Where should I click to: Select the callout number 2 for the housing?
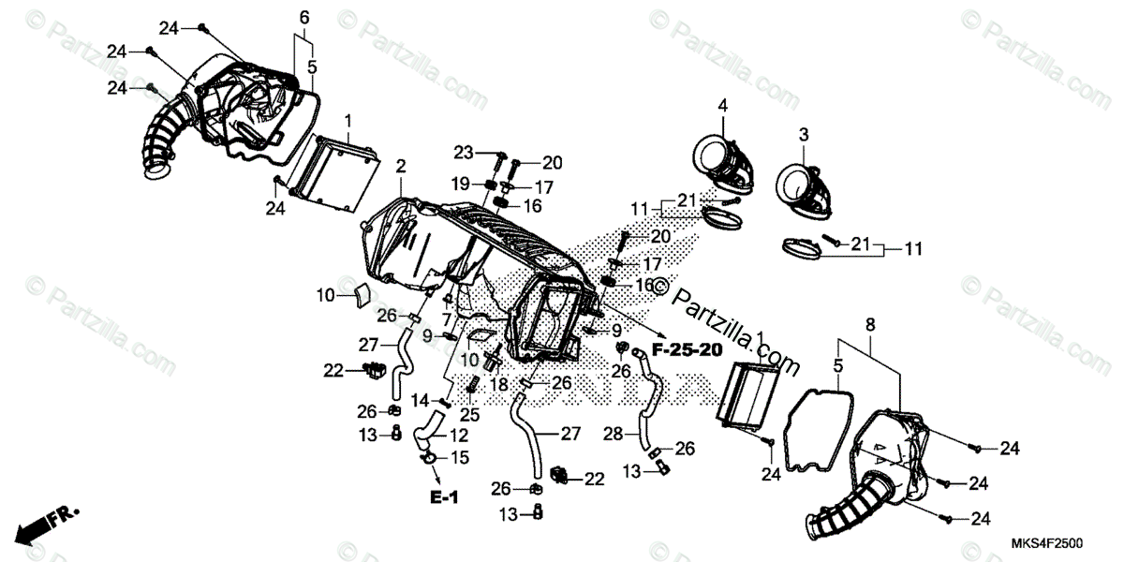pos(401,167)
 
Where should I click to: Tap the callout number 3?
pos(803,136)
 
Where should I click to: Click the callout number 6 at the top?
pos(303,18)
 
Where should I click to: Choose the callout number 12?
pos(458,436)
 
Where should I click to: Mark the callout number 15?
pos(459,457)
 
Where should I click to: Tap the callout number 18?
pos(497,384)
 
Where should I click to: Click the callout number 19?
pos(463,183)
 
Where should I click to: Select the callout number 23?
pos(463,152)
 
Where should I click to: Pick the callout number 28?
pos(614,436)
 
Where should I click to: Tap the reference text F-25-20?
pos(687,350)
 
